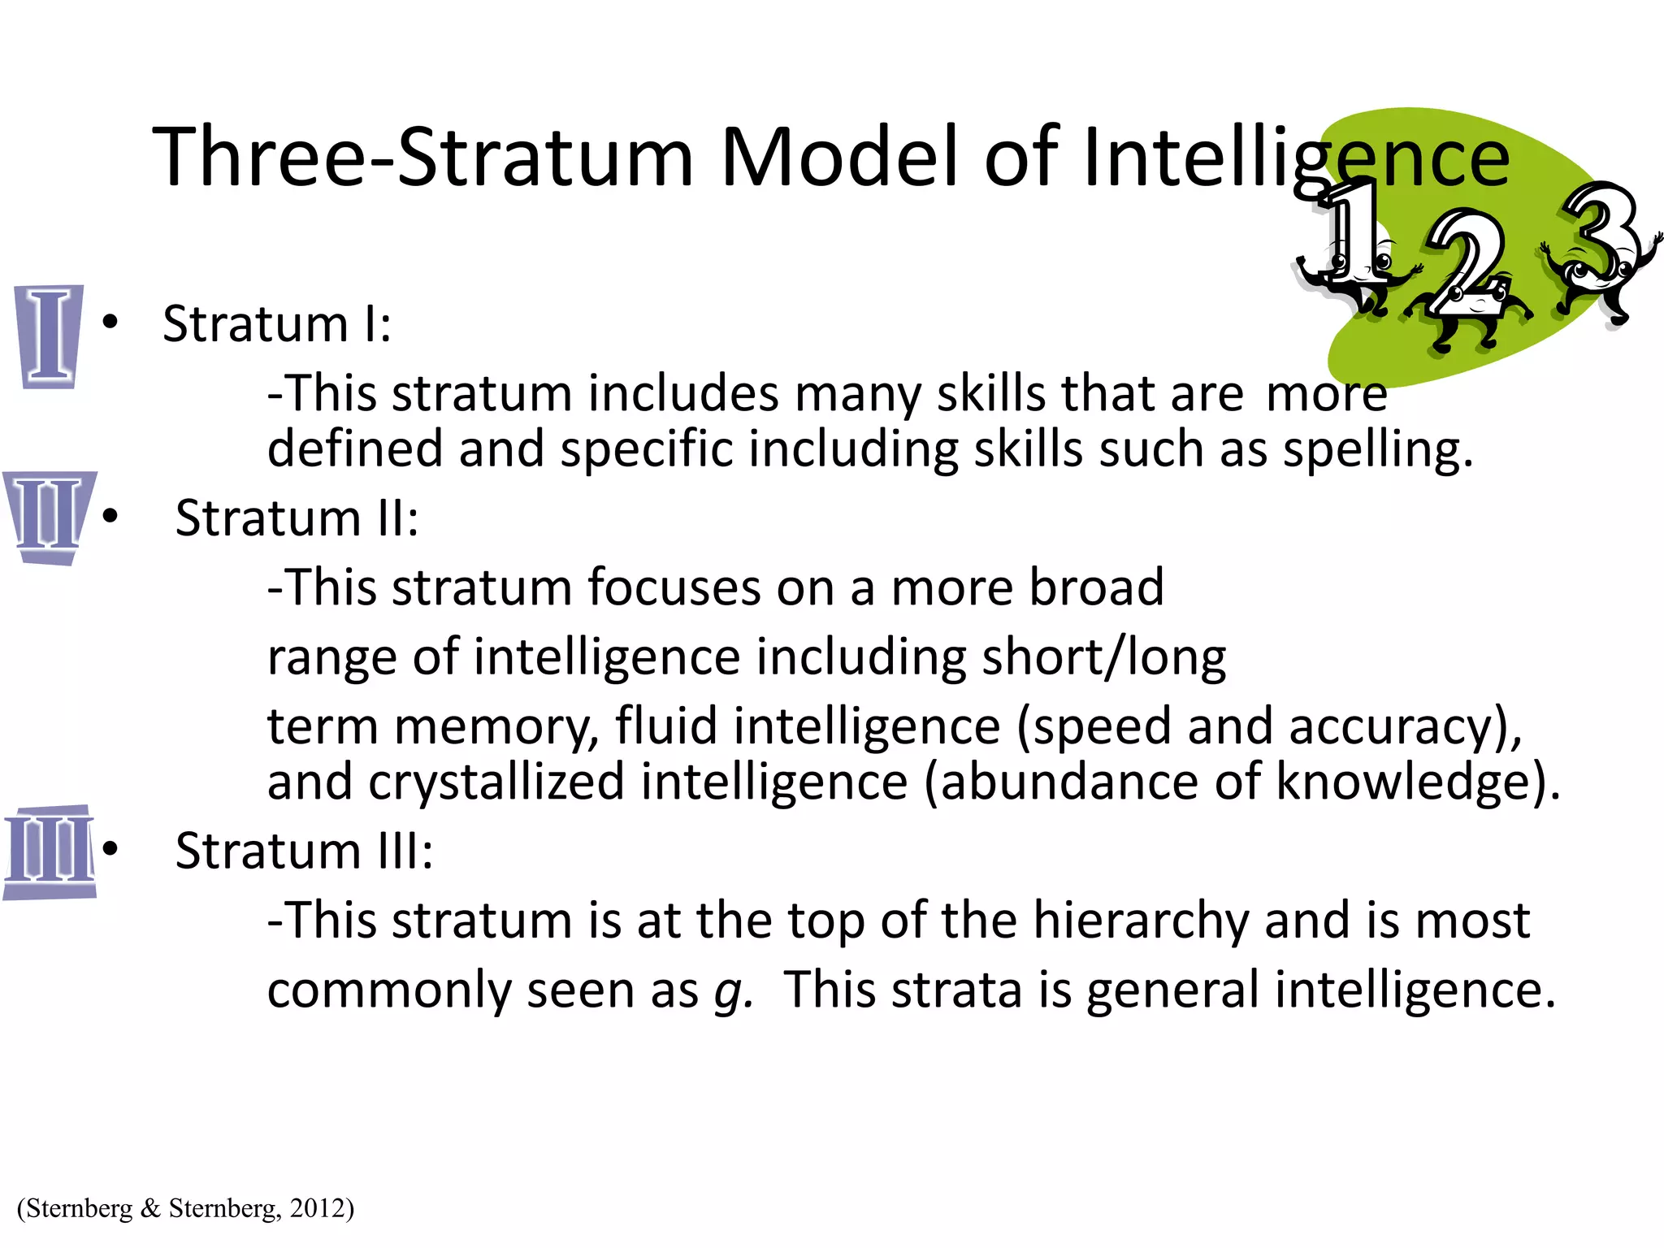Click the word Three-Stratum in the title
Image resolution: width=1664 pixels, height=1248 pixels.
pyautogui.click(x=423, y=156)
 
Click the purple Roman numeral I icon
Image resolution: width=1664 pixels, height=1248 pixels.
pyautogui.click(x=50, y=336)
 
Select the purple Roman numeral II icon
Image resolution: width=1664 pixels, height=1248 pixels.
pyautogui.click(x=50, y=517)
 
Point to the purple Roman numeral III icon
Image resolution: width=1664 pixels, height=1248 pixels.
pyautogui.click(x=50, y=851)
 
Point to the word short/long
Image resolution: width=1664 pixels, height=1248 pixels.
pyautogui.click(x=1103, y=658)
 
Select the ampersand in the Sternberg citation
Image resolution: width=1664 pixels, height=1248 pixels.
pyautogui.click(x=150, y=1208)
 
